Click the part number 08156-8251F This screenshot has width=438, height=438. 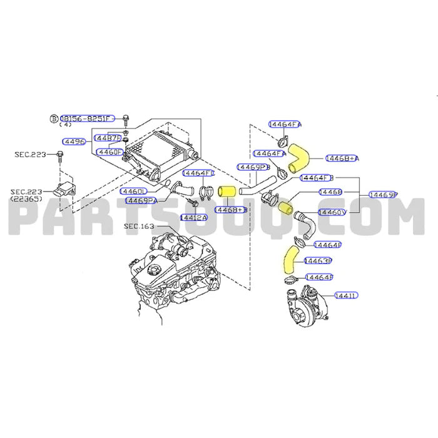click(x=88, y=118)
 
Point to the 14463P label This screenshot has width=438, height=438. click(x=317, y=260)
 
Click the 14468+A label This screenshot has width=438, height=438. click(x=341, y=159)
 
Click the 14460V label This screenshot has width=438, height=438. click(x=331, y=213)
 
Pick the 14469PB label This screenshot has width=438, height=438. click(x=253, y=168)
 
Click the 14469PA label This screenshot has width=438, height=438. click(x=141, y=200)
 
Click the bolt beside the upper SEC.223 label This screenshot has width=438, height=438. click(x=60, y=154)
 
